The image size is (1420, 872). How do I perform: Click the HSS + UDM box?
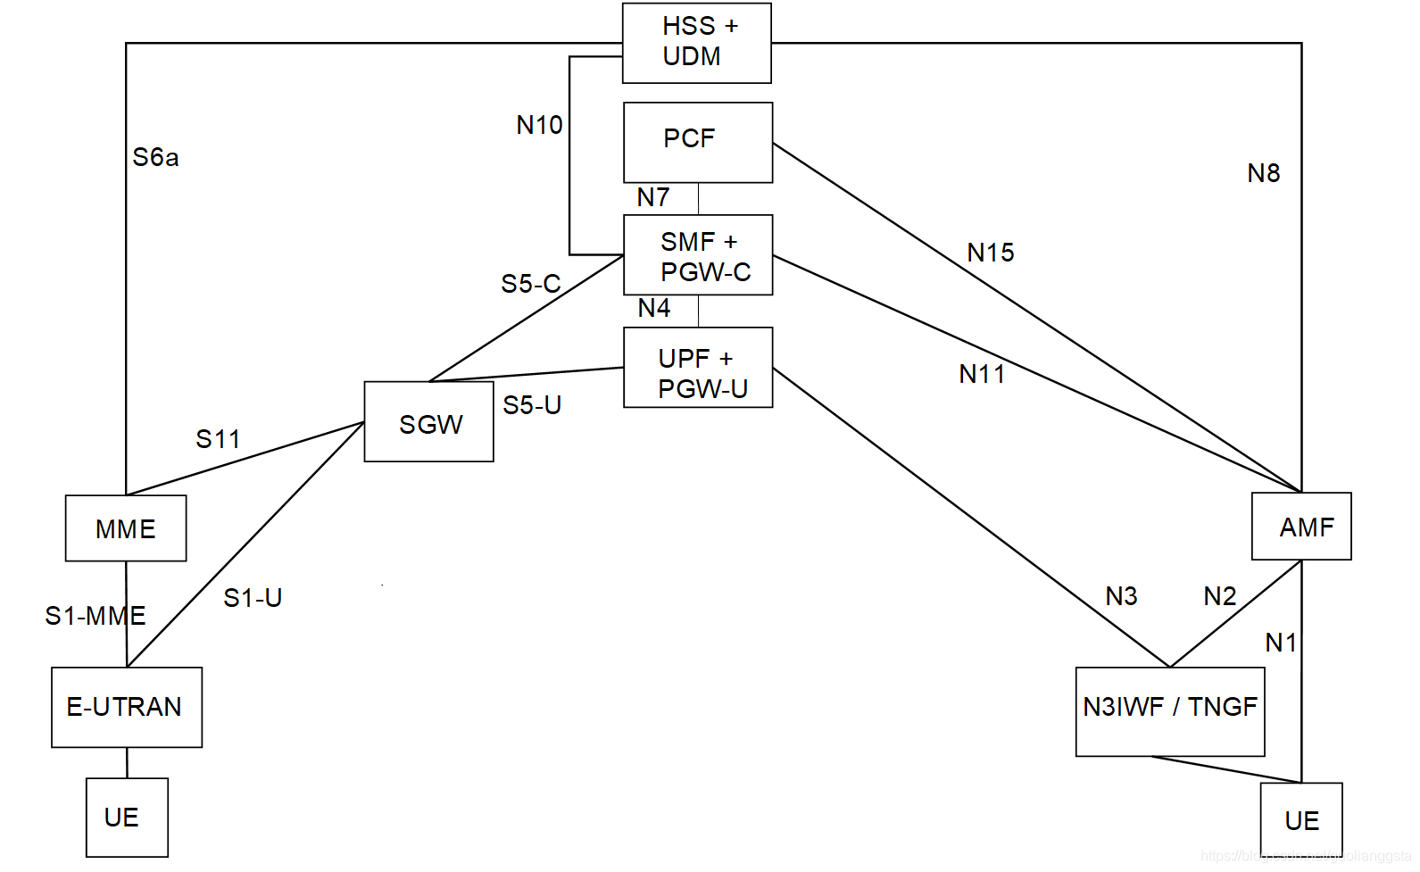[696, 43]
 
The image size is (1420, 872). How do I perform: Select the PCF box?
[697, 142]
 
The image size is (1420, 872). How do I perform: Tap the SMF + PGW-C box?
[697, 255]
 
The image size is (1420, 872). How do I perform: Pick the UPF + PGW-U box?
[697, 368]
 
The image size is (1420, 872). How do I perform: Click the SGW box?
[428, 422]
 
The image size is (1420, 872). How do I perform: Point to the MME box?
[126, 528]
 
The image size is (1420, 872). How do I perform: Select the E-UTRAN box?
[126, 707]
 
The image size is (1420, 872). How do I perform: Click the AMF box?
[1300, 527]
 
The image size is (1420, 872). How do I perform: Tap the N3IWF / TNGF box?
[1169, 711]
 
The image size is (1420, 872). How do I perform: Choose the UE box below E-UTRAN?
[127, 818]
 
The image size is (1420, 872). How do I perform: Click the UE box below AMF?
[1300, 820]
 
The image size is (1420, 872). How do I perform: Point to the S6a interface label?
[155, 158]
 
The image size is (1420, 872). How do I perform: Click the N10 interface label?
[539, 125]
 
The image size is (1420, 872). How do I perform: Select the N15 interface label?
[990, 253]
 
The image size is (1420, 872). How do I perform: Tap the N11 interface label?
[981, 375]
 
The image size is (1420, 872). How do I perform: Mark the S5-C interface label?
[530, 284]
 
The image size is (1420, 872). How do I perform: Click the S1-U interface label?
[253, 598]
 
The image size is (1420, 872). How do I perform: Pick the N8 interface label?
[1263, 173]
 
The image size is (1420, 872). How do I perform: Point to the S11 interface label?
[218, 439]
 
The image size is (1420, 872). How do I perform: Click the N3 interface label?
[1121, 596]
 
